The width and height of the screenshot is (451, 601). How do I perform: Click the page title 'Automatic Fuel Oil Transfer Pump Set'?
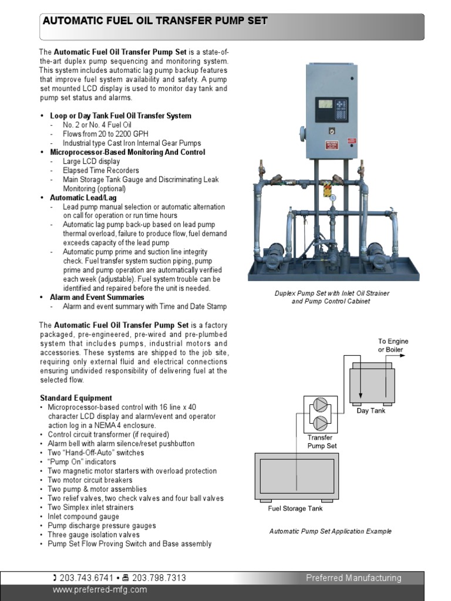[154, 21]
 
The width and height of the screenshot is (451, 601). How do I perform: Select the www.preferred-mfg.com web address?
[100, 590]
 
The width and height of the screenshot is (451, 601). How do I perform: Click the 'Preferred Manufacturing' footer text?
[354, 578]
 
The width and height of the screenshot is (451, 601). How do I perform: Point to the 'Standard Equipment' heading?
[76, 398]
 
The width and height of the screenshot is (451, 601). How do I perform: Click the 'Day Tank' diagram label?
[371, 411]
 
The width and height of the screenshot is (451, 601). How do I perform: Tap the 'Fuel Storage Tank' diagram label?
[295, 509]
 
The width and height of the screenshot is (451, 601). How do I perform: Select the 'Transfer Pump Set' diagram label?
[322, 441]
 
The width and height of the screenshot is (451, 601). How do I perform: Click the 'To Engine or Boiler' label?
[393, 345]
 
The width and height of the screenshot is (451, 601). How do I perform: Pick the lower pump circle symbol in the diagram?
[320, 423]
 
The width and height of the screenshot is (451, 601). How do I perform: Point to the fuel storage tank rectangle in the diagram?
[297, 476]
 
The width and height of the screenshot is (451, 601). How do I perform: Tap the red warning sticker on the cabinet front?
[332, 146]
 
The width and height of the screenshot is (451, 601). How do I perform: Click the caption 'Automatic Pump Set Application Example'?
[330, 531]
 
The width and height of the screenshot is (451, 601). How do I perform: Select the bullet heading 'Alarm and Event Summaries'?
[97, 298]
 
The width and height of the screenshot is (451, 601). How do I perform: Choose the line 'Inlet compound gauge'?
[83, 516]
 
